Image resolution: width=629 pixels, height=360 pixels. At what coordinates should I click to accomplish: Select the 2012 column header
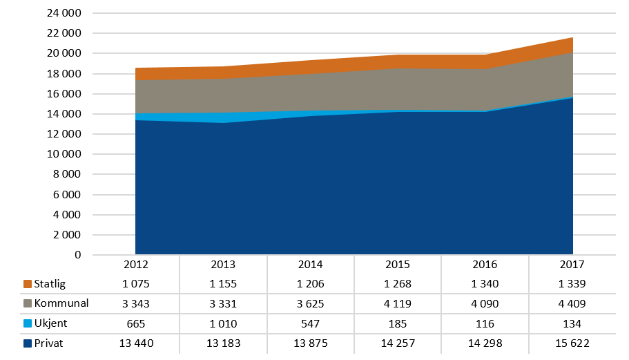[135, 265]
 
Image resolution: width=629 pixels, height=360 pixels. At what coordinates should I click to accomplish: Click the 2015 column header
[398, 265]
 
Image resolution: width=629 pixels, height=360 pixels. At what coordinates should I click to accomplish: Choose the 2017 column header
[572, 265]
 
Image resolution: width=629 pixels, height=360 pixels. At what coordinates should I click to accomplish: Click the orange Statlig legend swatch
[28, 284]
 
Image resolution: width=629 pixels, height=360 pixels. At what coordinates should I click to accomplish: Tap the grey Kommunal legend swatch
[28, 303]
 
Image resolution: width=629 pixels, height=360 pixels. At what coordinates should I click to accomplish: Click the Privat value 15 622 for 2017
[572, 343]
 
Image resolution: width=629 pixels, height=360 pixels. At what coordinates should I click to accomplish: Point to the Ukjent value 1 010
[223, 323]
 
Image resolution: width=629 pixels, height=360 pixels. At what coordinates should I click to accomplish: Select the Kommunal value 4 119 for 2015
[398, 303]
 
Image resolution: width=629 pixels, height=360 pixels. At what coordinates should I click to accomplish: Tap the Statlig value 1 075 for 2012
[135, 284]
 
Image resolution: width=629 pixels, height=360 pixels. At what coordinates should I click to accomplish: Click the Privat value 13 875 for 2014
[310, 343]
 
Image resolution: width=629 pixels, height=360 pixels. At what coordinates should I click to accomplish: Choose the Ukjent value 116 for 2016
[485, 323]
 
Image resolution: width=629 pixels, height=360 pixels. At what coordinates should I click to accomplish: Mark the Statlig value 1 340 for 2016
[485, 284]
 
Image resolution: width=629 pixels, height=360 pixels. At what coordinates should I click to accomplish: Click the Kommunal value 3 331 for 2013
[223, 303]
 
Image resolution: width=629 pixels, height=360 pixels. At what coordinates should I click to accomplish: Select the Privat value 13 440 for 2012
[135, 343]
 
